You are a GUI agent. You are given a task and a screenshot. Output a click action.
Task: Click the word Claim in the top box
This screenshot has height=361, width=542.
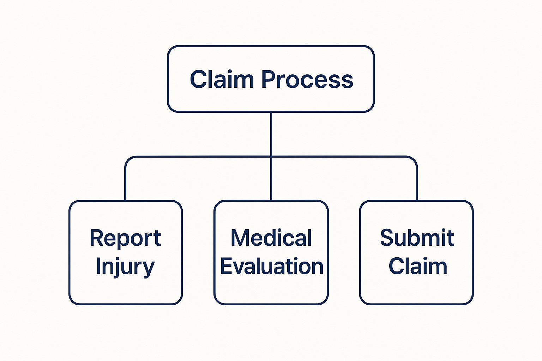pyautogui.click(x=222, y=79)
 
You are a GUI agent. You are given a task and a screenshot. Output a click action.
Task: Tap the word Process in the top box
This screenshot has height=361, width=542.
pyautogui.click(x=307, y=79)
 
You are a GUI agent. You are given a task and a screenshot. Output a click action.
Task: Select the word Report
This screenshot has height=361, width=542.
pyautogui.click(x=125, y=238)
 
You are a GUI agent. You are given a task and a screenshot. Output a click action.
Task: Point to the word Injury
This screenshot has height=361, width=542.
pyautogui.click(x=125, y=267)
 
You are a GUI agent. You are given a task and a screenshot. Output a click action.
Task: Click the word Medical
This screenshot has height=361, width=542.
pyautogui.click(x=271, y=238)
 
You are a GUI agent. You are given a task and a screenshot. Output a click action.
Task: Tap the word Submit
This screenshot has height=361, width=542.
pyautogui.click(x=417, y=238)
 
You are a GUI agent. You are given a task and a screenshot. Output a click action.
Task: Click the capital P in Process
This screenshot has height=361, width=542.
pyautogui.click(x=269, y=79)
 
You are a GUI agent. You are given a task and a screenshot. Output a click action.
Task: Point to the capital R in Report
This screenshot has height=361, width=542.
pyautogui.click(x=97, y=238)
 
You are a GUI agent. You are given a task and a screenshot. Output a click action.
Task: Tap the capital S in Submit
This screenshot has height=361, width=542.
pyautogui.click(x=387, y=238)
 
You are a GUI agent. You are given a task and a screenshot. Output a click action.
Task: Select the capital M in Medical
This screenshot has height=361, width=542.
pyautogui.click(x=240, y=238)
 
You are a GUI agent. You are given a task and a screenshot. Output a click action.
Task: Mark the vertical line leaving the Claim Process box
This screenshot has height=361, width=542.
pyautogui.click(x=271, y=134)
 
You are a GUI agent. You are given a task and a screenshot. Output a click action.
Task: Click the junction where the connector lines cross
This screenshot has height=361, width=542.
pyautogui.click(x=271, y=157)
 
